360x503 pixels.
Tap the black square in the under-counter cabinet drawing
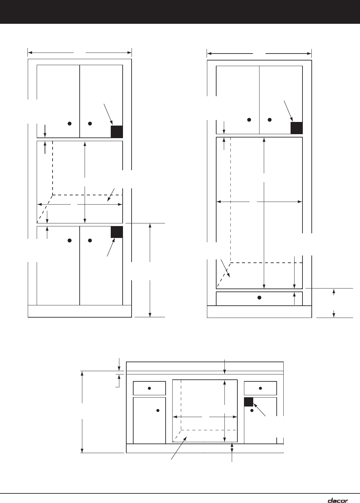[x=249, y=402]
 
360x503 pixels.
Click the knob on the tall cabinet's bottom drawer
[x=259, y=297]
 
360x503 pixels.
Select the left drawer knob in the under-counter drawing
[x=149, y=388]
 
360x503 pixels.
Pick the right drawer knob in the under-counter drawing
[x=260, y=388]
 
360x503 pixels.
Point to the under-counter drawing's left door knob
[x=158, y=410]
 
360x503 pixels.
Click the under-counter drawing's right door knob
[x=252, y=410]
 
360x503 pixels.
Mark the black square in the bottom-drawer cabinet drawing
[x=297, y=128]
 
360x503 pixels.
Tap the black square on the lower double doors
[x=117, y=232]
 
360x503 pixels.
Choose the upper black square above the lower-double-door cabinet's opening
[x=117, y=132]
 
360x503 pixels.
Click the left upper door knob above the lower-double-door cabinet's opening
[x=70, y=124]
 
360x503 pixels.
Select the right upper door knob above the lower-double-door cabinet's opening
[x=90, y=124]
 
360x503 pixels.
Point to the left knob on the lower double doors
[x=70, y=241]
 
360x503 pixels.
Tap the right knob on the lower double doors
[x=90, y=241]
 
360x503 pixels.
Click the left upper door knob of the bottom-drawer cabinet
[x=249, y=120]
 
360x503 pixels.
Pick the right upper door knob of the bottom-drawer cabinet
[x=270, y=120]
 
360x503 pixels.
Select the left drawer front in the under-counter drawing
[x=149, y=388]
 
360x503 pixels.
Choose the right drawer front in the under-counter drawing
[x=260, y=388]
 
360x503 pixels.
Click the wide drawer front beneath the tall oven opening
[x=260, y=299]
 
